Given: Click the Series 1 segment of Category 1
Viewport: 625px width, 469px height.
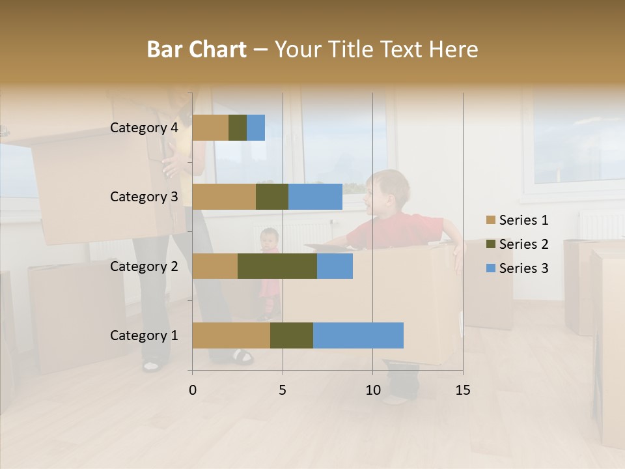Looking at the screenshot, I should [231, 335].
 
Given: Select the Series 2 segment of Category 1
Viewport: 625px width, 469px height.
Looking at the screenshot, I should [292, 335].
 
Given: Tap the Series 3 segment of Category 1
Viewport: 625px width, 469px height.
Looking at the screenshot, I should [358, 335].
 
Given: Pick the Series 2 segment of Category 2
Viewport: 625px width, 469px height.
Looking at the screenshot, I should [277, 266].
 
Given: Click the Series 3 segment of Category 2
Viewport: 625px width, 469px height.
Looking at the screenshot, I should [335, 266].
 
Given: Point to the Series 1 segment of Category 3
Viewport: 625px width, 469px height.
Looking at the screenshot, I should [224, 197].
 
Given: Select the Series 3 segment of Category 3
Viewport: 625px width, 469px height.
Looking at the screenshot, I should [315, 197].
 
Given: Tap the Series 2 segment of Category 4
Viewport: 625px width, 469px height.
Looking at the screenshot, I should [238, 128].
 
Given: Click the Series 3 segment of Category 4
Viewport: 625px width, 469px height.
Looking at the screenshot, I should [256, 128].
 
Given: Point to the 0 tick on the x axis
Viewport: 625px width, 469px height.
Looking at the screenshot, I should [192, 390].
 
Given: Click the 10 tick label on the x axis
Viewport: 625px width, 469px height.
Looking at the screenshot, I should [372, 390].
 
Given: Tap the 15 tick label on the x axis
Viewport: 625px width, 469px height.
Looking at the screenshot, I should [462, 390].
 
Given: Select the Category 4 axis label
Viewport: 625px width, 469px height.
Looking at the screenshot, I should [144, 128].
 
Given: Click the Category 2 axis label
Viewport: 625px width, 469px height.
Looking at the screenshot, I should [144, 266].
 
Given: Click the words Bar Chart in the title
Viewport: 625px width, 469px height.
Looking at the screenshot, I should [197, 50].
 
